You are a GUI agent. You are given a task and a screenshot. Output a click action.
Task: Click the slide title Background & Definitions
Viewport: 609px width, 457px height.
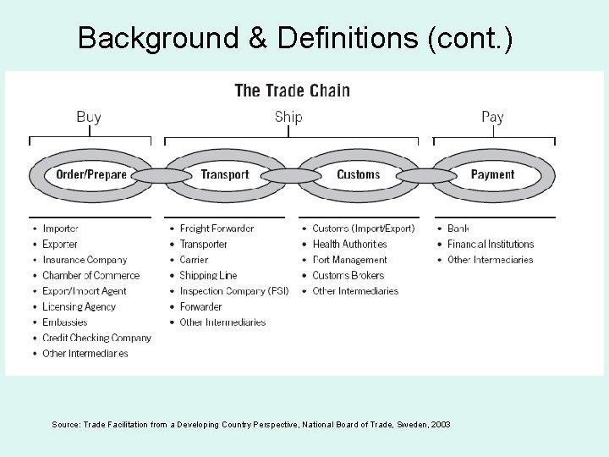(x=294, y=38)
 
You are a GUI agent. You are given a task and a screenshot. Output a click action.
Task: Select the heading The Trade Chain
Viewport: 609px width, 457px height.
(x=292, y=91)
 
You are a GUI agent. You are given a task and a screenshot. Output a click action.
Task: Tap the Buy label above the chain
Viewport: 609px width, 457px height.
(x=89, y=117)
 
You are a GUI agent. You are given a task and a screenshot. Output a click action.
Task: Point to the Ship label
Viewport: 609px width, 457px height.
(x=288, y=117)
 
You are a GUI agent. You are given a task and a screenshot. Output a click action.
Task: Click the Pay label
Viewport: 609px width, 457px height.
(x=492, y=117)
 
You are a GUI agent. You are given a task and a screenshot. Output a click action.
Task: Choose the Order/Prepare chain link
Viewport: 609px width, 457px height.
(x=91, y=175)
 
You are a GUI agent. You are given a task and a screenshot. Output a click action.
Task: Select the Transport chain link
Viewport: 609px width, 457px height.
(x=225, y=175)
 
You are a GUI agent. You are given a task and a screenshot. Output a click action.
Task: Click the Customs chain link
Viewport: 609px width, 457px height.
(x=359, y=175)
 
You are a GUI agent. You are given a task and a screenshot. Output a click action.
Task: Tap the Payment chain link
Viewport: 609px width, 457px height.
(x=492, y=175)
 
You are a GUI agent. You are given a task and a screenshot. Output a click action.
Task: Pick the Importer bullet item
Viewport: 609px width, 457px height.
(x=60, y=228)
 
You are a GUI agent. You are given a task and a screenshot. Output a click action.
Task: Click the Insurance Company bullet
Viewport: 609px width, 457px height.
(x=85, y=260)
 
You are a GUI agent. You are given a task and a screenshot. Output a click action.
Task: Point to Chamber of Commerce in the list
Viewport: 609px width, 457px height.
(x=91, y=275)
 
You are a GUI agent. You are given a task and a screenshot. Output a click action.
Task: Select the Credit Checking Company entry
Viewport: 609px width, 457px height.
(x=96, y=338)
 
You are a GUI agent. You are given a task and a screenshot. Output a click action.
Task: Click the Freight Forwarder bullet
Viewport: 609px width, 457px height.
(x=217, y=228)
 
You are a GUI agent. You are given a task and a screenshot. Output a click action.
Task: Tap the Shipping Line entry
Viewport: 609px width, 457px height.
(x=208, y=275)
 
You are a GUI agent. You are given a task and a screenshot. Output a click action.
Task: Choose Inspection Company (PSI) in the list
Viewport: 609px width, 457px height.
(x=233, y=291)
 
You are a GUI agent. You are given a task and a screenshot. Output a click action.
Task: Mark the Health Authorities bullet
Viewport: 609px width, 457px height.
(x=349, y=244)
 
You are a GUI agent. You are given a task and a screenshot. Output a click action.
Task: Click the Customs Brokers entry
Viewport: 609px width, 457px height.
(x=348, y=275)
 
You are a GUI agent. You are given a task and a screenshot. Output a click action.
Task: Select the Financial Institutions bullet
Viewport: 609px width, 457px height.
(x=491, y=244)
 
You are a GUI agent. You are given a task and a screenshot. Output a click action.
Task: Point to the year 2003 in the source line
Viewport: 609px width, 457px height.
(x=440, y=424)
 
